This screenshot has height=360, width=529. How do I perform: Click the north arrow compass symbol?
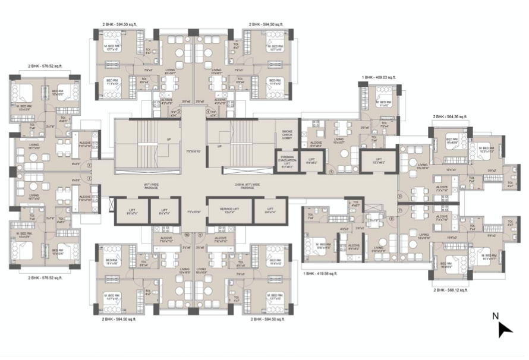point(505,329)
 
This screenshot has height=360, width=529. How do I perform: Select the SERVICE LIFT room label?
point(229,210)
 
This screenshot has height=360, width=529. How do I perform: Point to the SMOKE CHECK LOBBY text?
point(286,135)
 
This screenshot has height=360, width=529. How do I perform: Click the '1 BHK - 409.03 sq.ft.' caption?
point(381,78)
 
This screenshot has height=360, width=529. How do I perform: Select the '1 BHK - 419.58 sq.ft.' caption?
point(320,274)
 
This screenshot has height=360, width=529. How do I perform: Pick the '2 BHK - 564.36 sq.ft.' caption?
point(450,117)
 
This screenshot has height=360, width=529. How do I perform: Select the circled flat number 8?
point(392,218)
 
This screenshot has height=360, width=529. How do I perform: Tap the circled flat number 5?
point(330,172)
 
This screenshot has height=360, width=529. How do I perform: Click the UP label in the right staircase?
point(219,145)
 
